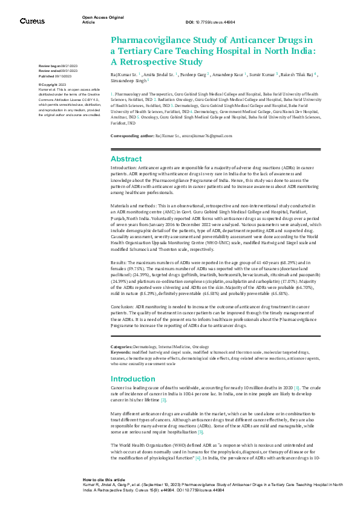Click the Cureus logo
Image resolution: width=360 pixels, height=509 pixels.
(x=31, y=21)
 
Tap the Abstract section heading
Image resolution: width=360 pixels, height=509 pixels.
(x=126, y=158)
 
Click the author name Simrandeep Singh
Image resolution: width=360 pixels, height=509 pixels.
(x=128, y=80)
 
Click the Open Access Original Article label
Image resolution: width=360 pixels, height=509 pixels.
(x=97, y=21)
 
